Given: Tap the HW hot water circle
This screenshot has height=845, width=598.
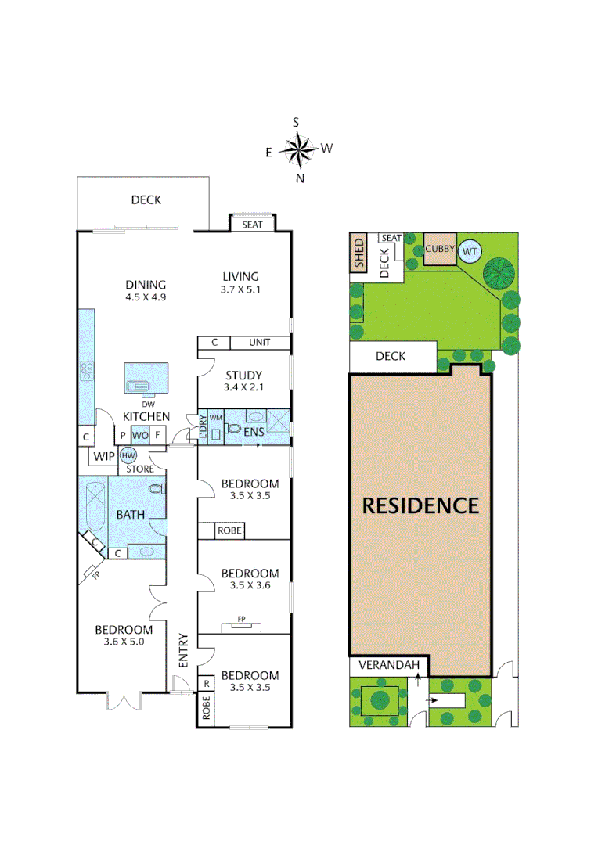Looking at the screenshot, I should pos(127,455).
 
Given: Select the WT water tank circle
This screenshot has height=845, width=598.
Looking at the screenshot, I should pos(470,251).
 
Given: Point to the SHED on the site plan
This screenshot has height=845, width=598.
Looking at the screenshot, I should pos(359,253).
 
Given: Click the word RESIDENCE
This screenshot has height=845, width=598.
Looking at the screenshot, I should pos(420,505).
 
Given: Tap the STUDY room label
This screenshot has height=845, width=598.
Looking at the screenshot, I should pos(243,376).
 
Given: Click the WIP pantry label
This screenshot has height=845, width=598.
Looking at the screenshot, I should pos(104,456).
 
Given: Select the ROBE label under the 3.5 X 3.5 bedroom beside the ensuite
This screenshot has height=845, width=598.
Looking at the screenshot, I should pos(230,530).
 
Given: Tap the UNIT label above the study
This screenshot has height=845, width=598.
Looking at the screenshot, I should pos(259,343).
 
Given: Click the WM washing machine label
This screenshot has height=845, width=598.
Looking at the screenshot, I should pos(216,419).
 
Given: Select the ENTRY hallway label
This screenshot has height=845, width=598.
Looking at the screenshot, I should pos(183,649).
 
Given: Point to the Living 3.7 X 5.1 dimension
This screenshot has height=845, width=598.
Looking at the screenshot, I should pos(240,289).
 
